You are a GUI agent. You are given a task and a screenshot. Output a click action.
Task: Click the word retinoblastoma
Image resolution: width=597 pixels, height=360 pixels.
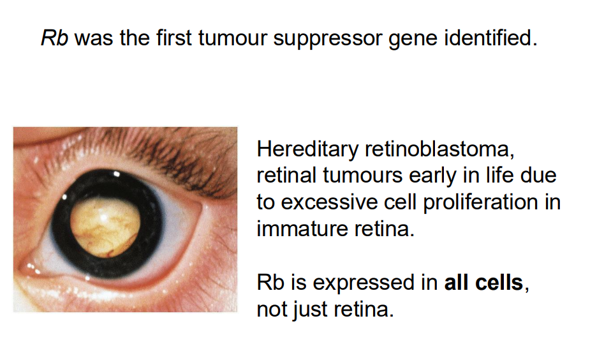pos(438,151)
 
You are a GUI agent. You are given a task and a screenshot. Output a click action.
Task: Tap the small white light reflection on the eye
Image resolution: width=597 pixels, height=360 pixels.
pos(117,173)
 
